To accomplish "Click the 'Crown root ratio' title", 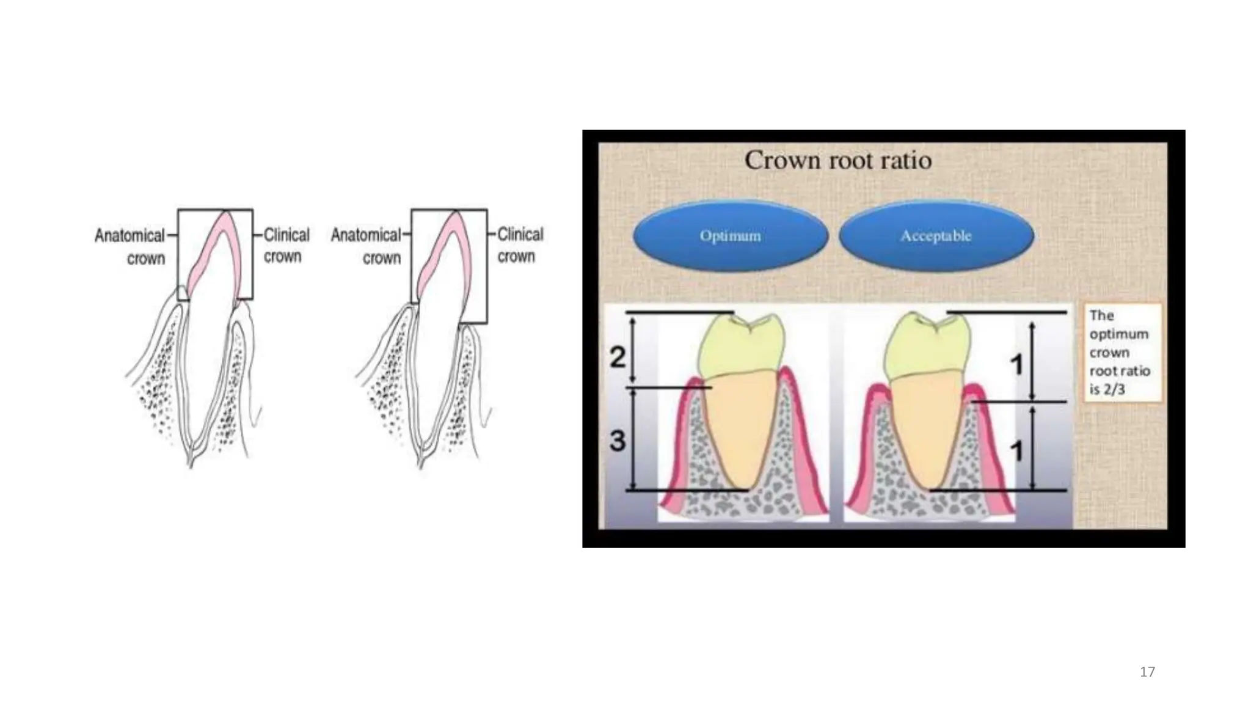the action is [x=838, y=161].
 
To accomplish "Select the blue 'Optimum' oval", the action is [x=731, y=236].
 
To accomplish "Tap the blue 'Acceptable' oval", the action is [x=936, y=236].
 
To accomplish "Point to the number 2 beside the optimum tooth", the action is [x=618, y=356].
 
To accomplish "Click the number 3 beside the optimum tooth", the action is [x=618, y=440].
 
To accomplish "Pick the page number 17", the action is [x=1147, y=672].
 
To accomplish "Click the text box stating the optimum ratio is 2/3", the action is [x=1123, y=352].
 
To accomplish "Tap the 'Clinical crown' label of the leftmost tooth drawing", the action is [x=286, y=246].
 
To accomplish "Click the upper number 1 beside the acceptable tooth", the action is [x=1016, y=365].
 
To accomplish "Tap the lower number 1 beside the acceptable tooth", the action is [x=1016, y=452].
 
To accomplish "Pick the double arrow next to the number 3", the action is [x=633, y=439].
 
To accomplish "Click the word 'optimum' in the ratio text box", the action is [x=1119, y=334].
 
